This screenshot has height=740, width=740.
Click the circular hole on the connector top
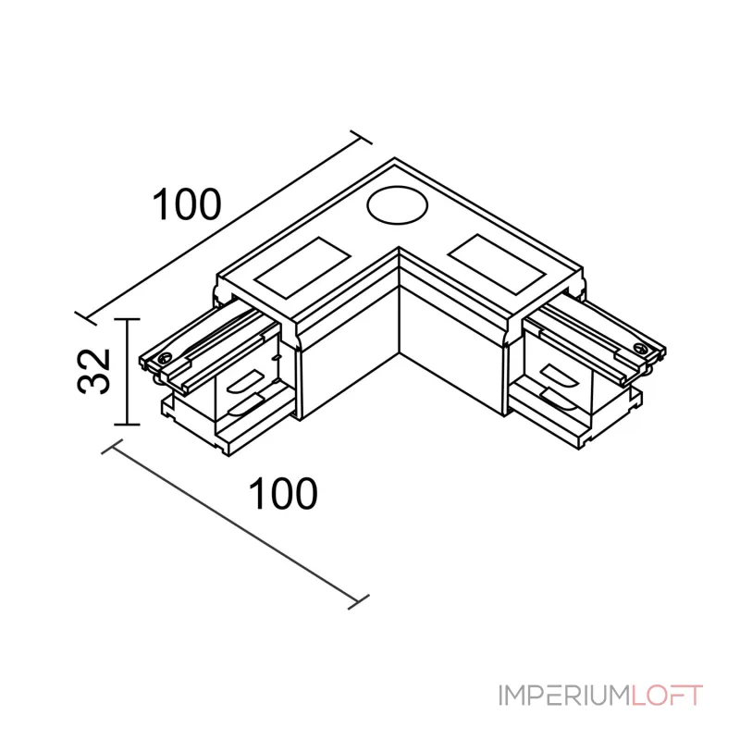tap(397, 205)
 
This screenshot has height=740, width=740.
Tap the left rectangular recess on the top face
tap(302, 267)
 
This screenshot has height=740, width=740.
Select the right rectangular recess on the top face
tap(496, 265)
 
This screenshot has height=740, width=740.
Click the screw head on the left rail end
tap(165, 358)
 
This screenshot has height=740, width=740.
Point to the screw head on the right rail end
tap(640, 349)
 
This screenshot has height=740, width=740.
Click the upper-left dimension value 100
tap(187, 204)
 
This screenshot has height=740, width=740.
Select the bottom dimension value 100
tap(283, 493)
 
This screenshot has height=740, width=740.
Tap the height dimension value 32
tap(93, 371)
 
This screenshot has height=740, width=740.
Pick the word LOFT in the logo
tap(667, 696)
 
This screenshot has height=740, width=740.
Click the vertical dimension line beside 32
tap(127, 372)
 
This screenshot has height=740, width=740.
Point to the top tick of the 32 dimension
tap(127, 319)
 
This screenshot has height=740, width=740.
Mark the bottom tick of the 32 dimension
tap(127, 425)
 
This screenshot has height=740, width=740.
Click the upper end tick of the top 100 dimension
tap(361, 137)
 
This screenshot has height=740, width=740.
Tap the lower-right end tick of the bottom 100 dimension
tap(358, 602)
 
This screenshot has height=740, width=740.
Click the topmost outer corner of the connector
tap(395, 157)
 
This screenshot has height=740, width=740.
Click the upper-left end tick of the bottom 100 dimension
tap(112, 447)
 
